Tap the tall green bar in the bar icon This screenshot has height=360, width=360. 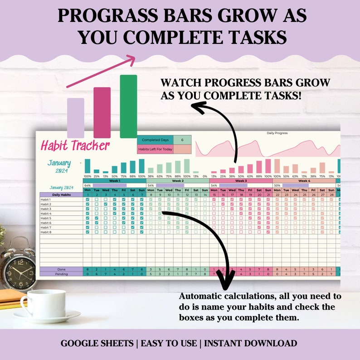point(128,106)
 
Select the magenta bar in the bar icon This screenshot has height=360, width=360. point(102,112)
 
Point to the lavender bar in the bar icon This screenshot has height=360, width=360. point(76,118)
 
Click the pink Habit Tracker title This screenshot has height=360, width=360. point(75,146)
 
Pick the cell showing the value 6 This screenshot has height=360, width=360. point(182,140)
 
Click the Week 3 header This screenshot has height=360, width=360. point(241,181)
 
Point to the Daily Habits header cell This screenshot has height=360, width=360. point(61,195)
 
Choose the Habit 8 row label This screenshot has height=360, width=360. point(46,232)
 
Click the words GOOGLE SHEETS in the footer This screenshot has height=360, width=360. point(98,344)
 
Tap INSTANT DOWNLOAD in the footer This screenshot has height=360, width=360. point(250,344)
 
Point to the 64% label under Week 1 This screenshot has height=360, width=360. point(88,185)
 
